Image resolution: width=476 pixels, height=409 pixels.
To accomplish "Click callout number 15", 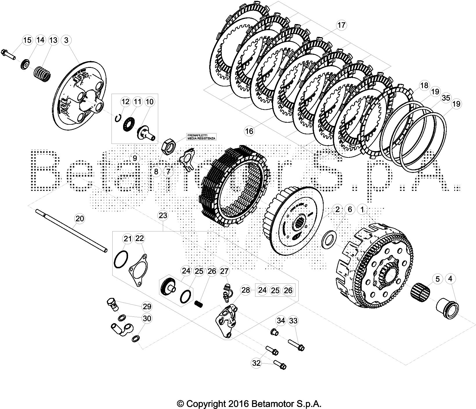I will click(27, 40).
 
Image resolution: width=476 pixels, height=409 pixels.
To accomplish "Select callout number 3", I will click(66, 40).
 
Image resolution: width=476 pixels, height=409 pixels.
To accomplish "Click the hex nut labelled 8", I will click(167, 145).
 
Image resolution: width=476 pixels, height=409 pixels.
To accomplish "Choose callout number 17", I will click(342, 25).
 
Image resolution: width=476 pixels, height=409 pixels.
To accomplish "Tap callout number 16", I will click(249, 131).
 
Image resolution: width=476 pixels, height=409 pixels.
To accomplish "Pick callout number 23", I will click(163, 216).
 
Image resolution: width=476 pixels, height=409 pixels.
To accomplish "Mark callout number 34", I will click(280, 321).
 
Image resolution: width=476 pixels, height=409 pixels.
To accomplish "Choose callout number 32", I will click(256, 363).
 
